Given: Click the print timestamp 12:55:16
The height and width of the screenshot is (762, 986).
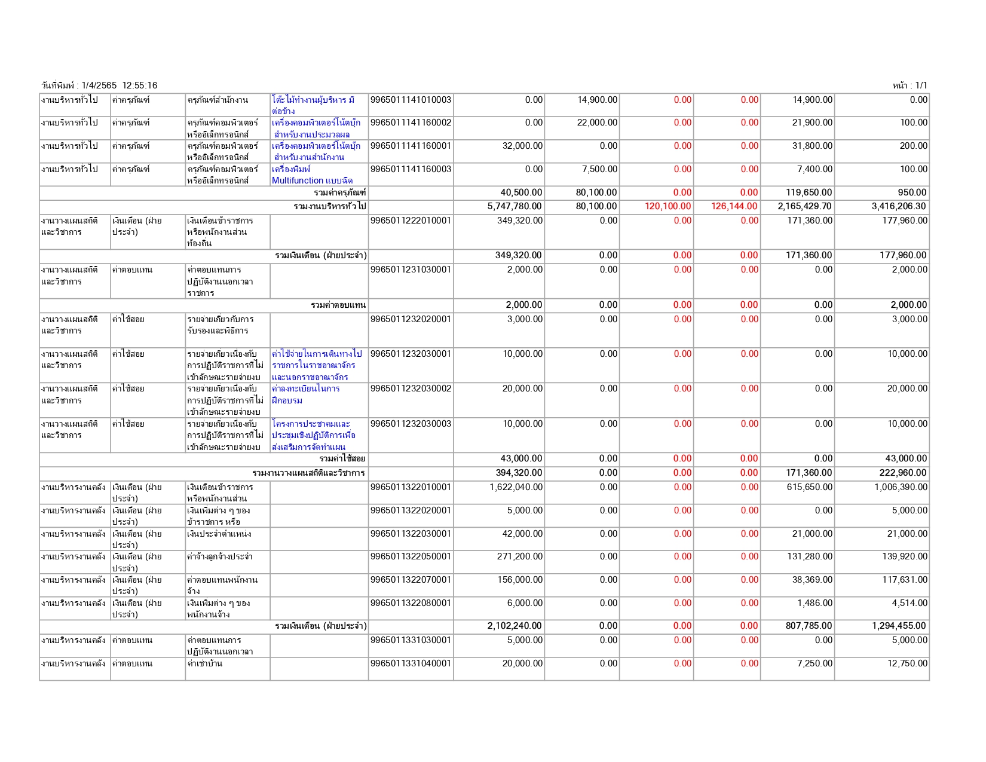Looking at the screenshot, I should [140, 85].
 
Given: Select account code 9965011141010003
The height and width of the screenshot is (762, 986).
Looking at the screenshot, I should [411, 100].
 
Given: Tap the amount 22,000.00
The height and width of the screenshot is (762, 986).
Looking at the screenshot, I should [597, 123].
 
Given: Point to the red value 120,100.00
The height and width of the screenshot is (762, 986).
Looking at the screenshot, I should [667, 206].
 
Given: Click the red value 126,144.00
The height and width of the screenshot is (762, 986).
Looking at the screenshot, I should [734, 206].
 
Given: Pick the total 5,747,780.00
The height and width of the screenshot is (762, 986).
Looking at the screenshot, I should [515, 206].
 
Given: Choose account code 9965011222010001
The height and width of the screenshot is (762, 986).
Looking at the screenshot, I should [411, 221].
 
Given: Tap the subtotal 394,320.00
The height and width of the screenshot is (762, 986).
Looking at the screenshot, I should [519, 473].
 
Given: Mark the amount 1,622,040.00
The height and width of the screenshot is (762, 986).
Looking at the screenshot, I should [516, 487].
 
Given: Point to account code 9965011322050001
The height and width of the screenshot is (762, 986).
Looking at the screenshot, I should [411, 556].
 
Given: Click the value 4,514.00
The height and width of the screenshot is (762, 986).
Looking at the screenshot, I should [910, 603].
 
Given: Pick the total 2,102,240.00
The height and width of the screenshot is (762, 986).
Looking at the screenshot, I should [515, 626].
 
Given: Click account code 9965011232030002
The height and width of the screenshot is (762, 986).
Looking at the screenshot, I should [411, 388].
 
